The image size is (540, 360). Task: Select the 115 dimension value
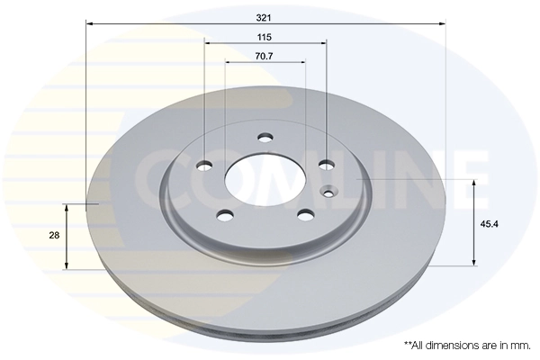point(265,37)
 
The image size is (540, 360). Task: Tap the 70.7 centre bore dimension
point(265,57)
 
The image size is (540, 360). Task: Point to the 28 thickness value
point(54,235)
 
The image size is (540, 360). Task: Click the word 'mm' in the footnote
point(521,345)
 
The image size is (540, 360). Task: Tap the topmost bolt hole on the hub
point(265,138)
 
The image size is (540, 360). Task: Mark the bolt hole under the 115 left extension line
point(204,165)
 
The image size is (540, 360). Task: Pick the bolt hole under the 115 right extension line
point(326,164)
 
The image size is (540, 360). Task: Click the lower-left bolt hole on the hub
point(225,214)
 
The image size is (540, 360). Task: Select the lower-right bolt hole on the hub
point(306,214)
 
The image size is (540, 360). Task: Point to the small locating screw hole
point(329,191)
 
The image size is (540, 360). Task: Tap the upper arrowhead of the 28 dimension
point(66,206)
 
